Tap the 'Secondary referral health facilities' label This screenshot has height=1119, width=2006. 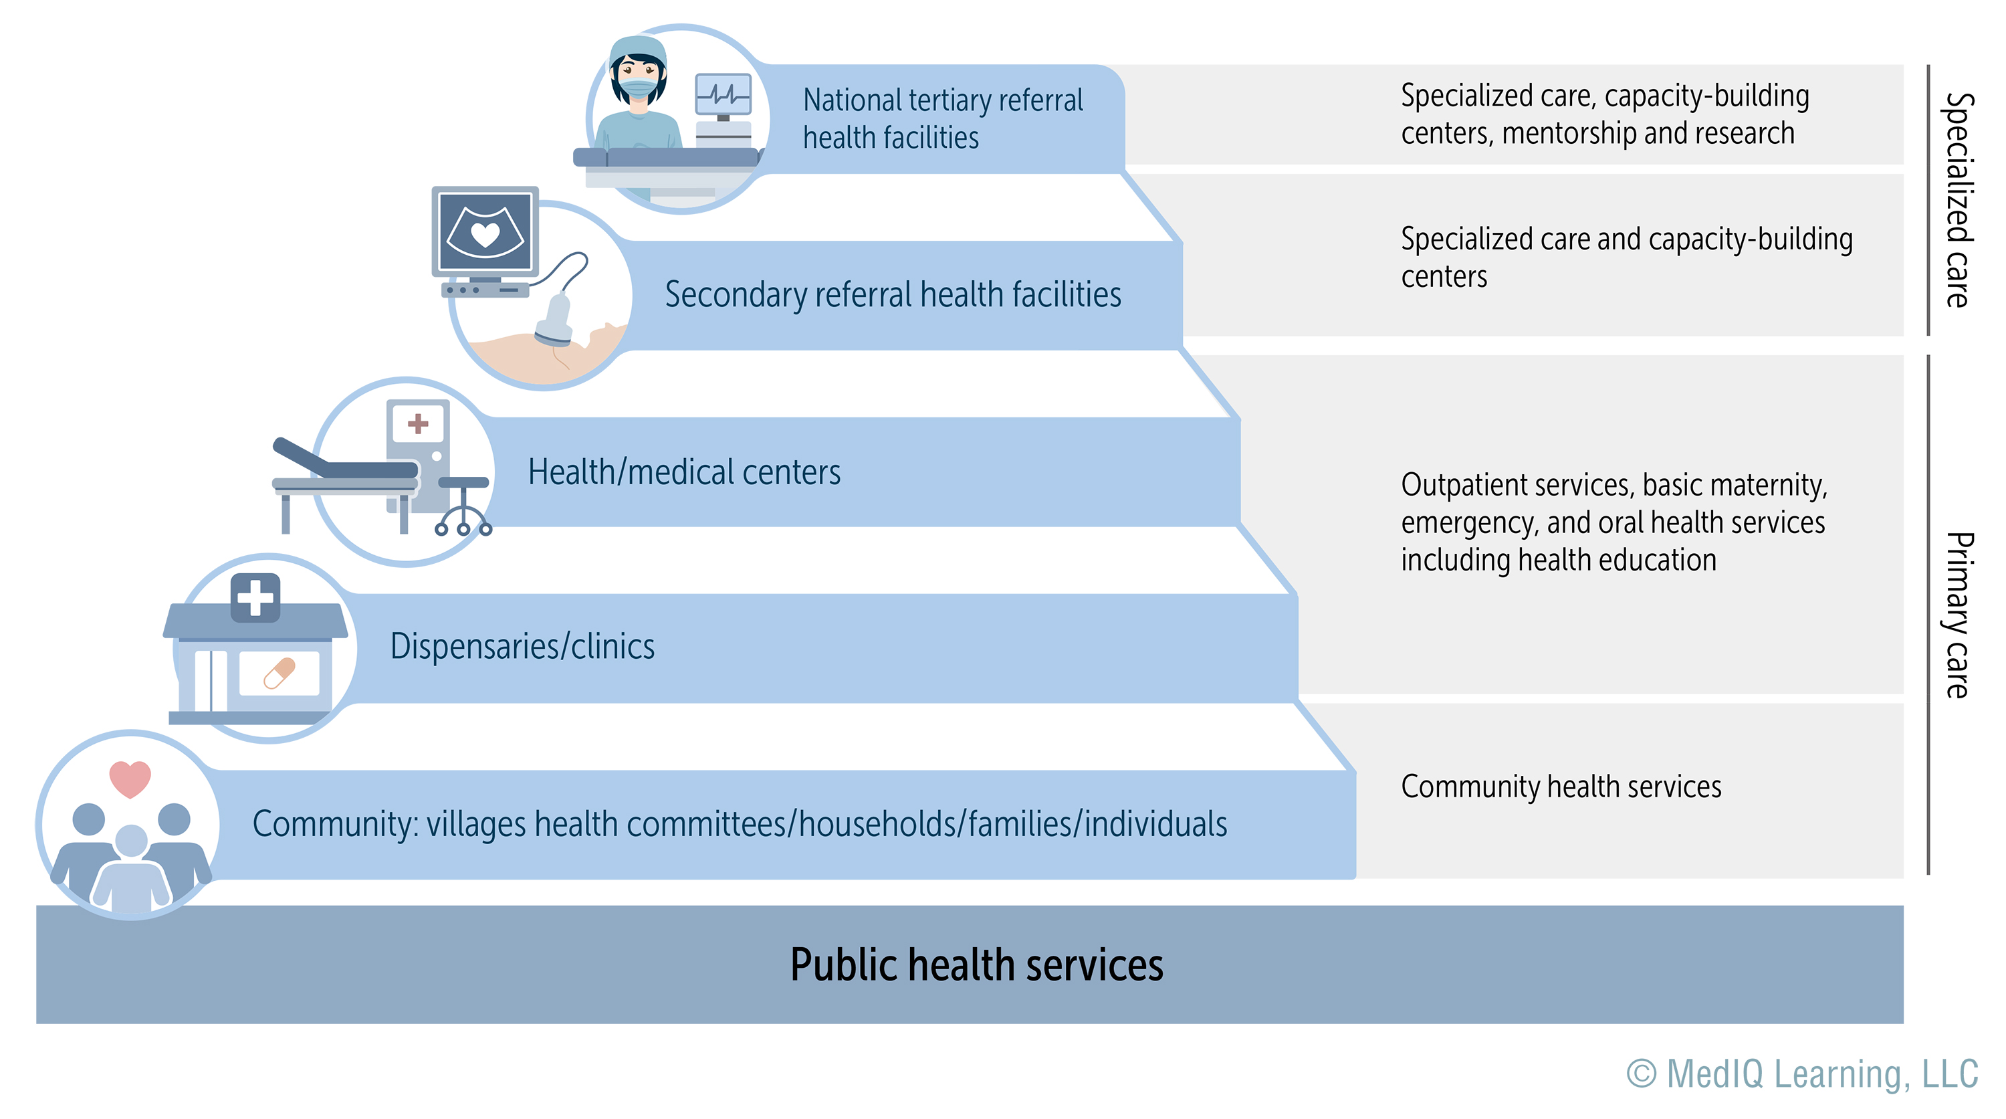tap(893, 295)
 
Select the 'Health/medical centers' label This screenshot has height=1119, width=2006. tap(684, 472)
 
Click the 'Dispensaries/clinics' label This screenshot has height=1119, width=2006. tap(522, 646)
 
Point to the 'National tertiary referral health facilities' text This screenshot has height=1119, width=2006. tap(941, 118)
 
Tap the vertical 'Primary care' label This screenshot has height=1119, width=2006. tap(1958, 615)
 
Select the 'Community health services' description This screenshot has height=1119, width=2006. tap(1561, 787)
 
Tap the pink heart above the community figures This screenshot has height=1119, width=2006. tap(130, 778)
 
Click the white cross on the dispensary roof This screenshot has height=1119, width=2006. tap(255, 598)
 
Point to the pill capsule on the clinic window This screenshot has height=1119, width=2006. tap(279, 673)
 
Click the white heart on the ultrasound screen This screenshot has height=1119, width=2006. tap(485, 233)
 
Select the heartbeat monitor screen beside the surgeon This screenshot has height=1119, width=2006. tap(723, 95)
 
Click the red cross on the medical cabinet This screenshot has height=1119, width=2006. tap(418, 423)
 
